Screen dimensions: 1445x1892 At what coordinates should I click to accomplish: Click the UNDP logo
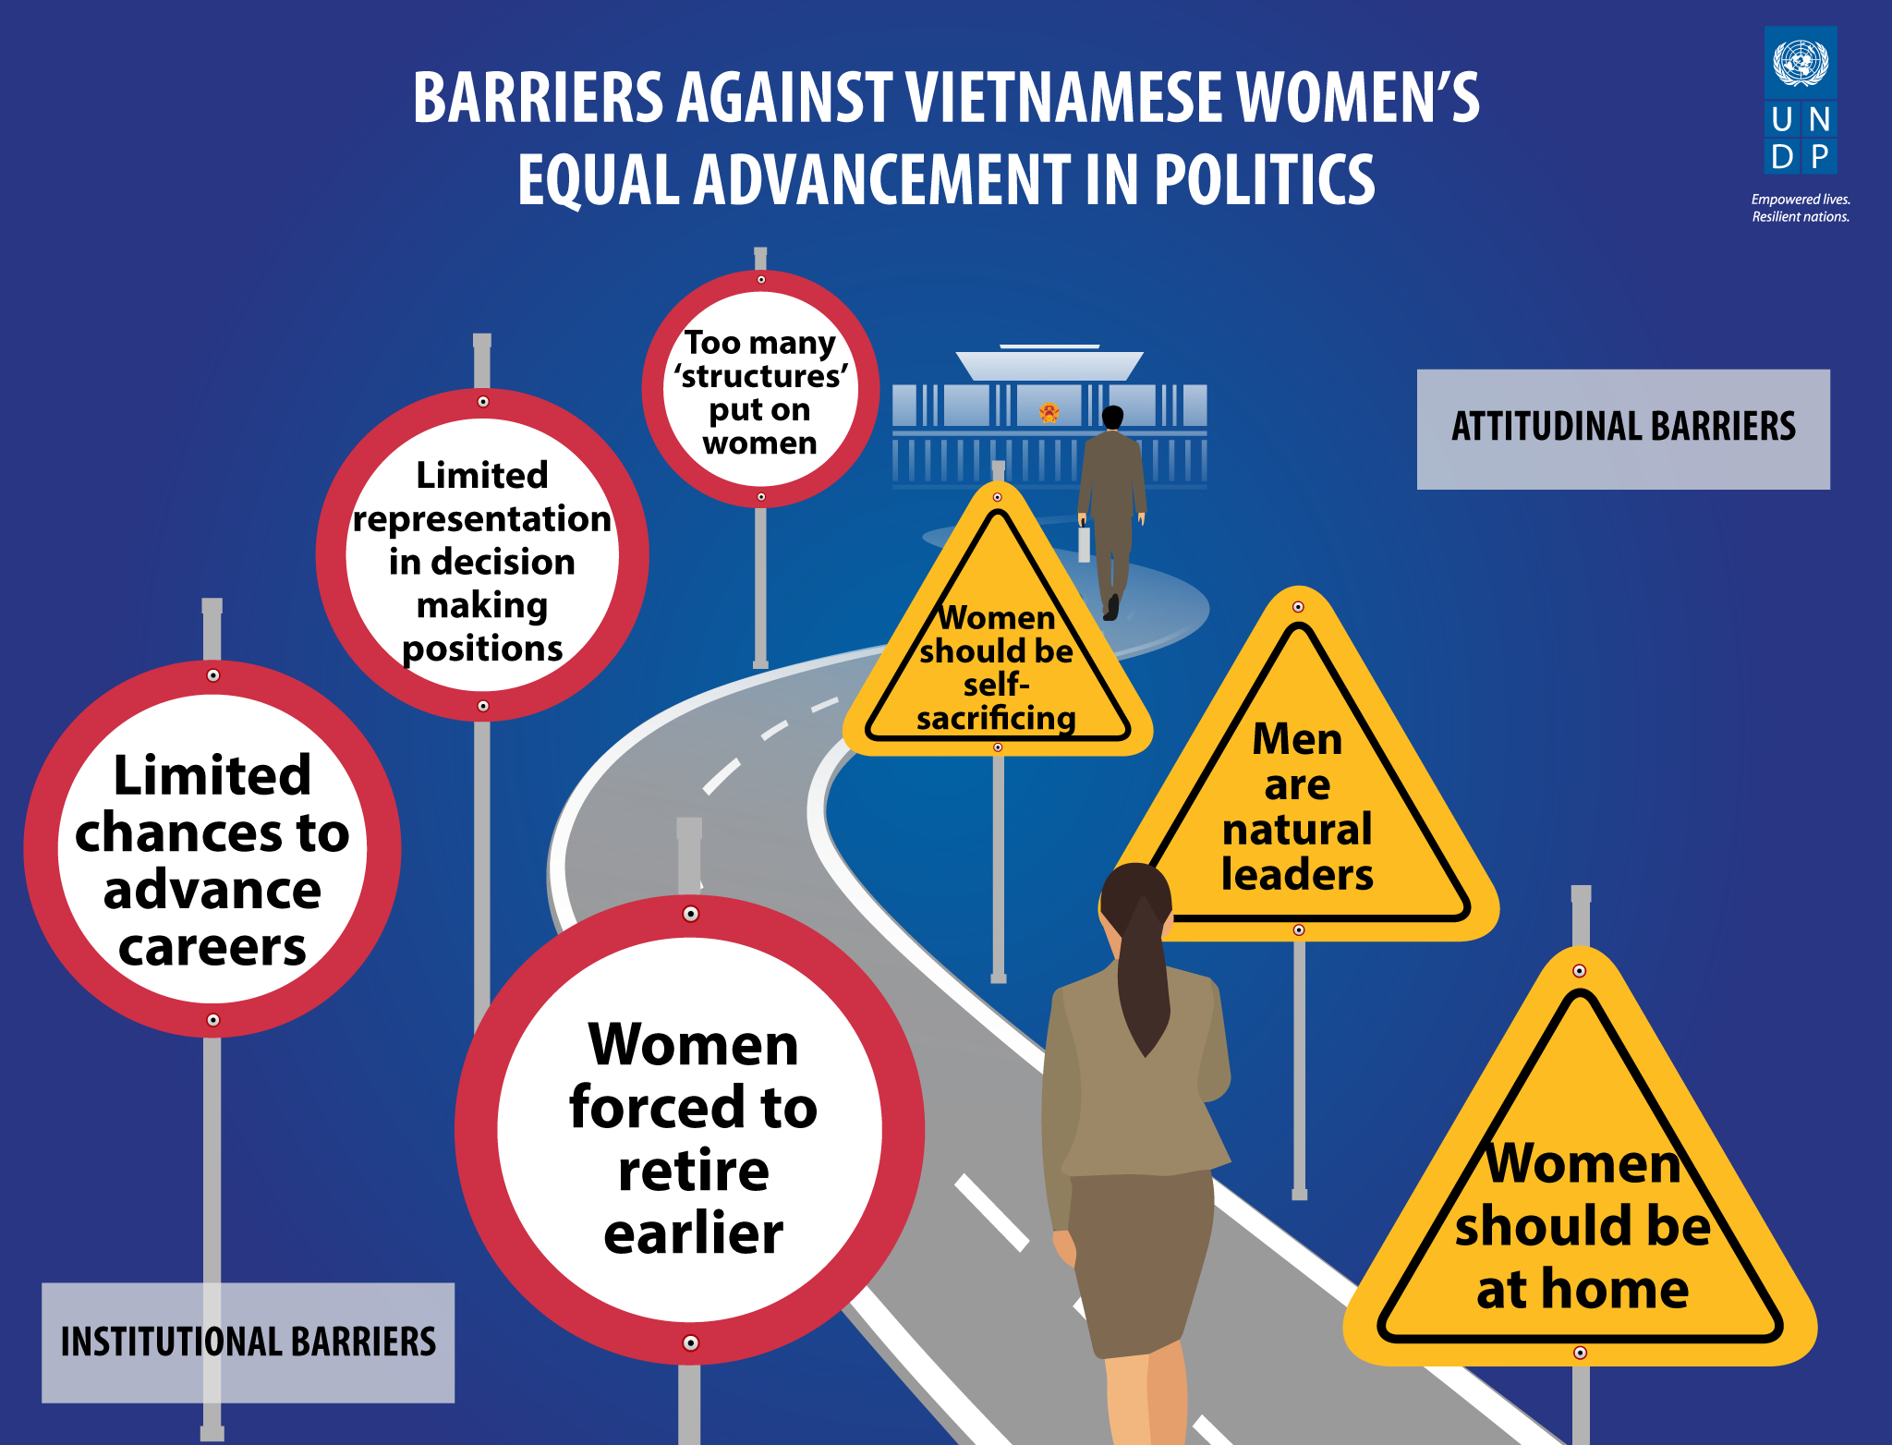pos(1801,100)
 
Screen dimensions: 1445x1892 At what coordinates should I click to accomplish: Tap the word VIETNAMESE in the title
pos(1065,98)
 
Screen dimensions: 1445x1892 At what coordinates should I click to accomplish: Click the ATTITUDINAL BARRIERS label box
pos(1623,429)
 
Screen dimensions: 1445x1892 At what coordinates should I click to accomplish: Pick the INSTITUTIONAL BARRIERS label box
pos(248,1342)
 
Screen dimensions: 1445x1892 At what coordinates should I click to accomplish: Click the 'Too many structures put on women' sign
pos(760,389)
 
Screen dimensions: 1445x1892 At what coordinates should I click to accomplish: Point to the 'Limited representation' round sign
pos(482,555)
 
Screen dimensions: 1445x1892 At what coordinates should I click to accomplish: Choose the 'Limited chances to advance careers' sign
pos(212,849)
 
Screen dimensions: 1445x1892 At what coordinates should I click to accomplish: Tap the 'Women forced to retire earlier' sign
pos(690,1130)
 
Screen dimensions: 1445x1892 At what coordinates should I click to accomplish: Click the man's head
pos(1113,418)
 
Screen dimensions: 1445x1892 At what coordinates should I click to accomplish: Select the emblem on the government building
pos(1049,412)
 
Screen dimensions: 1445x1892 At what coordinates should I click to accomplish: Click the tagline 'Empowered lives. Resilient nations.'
pos(1801,208)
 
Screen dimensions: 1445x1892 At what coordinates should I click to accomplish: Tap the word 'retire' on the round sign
pos(693,1171)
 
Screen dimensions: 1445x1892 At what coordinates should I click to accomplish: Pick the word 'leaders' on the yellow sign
pos(1297,875)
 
